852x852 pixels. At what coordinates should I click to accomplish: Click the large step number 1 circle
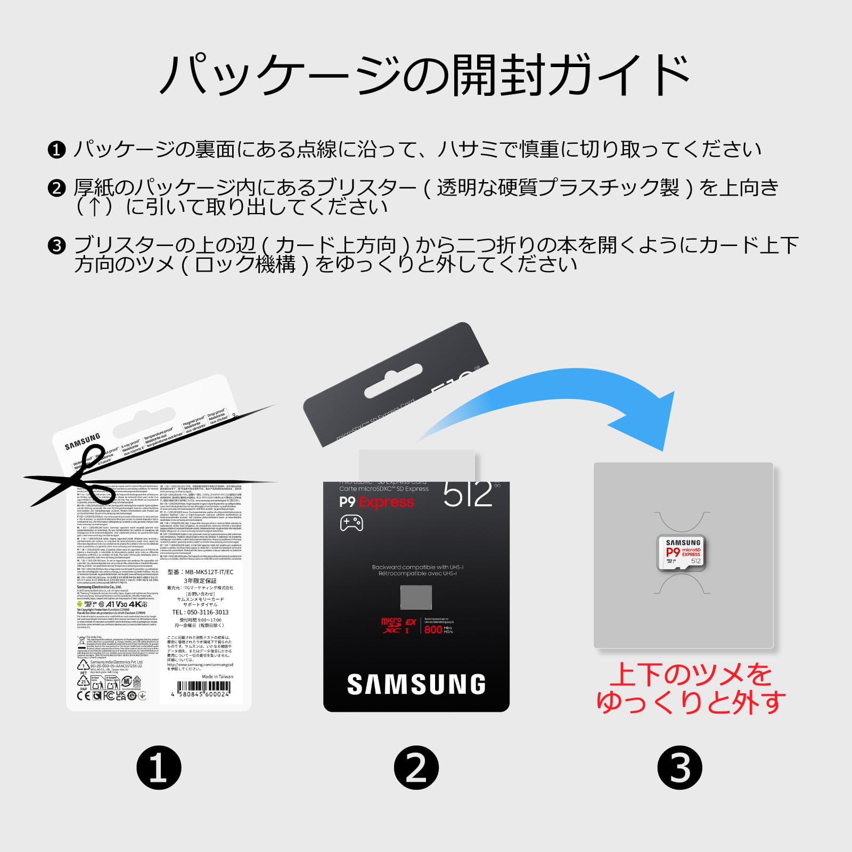click(x=159, y=767)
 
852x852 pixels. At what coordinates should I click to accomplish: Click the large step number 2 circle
click(x=416, y=767)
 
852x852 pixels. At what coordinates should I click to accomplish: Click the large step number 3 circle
click(x=679, y=767)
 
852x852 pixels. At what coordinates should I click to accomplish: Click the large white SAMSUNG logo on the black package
click(x=416, y=685)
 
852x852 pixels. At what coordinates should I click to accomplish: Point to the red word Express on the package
click(x=386, y=502)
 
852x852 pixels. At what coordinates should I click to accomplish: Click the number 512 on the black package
click(x=468, y=494)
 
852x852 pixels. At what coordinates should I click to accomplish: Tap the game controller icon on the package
click(x=351, y=522)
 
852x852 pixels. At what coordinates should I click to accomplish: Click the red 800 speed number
click(x=433, y=629)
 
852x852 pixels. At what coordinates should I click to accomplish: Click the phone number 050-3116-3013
click(x=200, y=612)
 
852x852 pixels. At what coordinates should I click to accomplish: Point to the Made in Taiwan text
click(x=217, y=677)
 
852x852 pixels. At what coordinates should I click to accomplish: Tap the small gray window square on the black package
click(x=416, y=597)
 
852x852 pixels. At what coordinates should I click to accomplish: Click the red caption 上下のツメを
click(x=690, y=675)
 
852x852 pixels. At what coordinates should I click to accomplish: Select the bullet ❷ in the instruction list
click(x=56, y=189)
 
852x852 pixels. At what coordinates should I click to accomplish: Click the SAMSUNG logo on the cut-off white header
click(x=83, y=441)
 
